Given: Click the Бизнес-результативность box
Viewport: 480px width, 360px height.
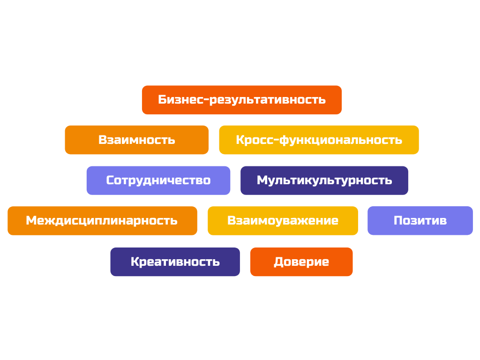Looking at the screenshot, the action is [x=241, y=100].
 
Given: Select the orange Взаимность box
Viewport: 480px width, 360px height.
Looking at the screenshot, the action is [x=136, y=140].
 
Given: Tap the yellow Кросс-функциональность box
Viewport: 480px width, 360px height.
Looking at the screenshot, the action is [x=319, y=140].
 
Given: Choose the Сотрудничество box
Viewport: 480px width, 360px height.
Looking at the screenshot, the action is [x=158, y=180].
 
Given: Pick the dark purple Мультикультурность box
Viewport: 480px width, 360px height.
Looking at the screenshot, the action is [x=324, y=180].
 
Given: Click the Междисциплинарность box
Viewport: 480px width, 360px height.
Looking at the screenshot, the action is [x=102, y=221].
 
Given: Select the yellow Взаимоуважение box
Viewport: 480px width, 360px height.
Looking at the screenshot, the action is [x=283, y=221].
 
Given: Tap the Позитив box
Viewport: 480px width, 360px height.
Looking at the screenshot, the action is [x=420, y=221].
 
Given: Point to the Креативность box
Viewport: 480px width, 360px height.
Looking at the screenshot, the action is [x=175, y=262].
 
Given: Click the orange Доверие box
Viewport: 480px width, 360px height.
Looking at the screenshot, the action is [x=301, y=262].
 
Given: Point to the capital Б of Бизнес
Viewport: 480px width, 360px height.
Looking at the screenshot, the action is [x=163, y=100].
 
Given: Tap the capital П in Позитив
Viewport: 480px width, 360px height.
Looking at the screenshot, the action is [x=398, y=221].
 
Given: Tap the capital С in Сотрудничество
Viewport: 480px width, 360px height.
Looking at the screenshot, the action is [x=111, y=180].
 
